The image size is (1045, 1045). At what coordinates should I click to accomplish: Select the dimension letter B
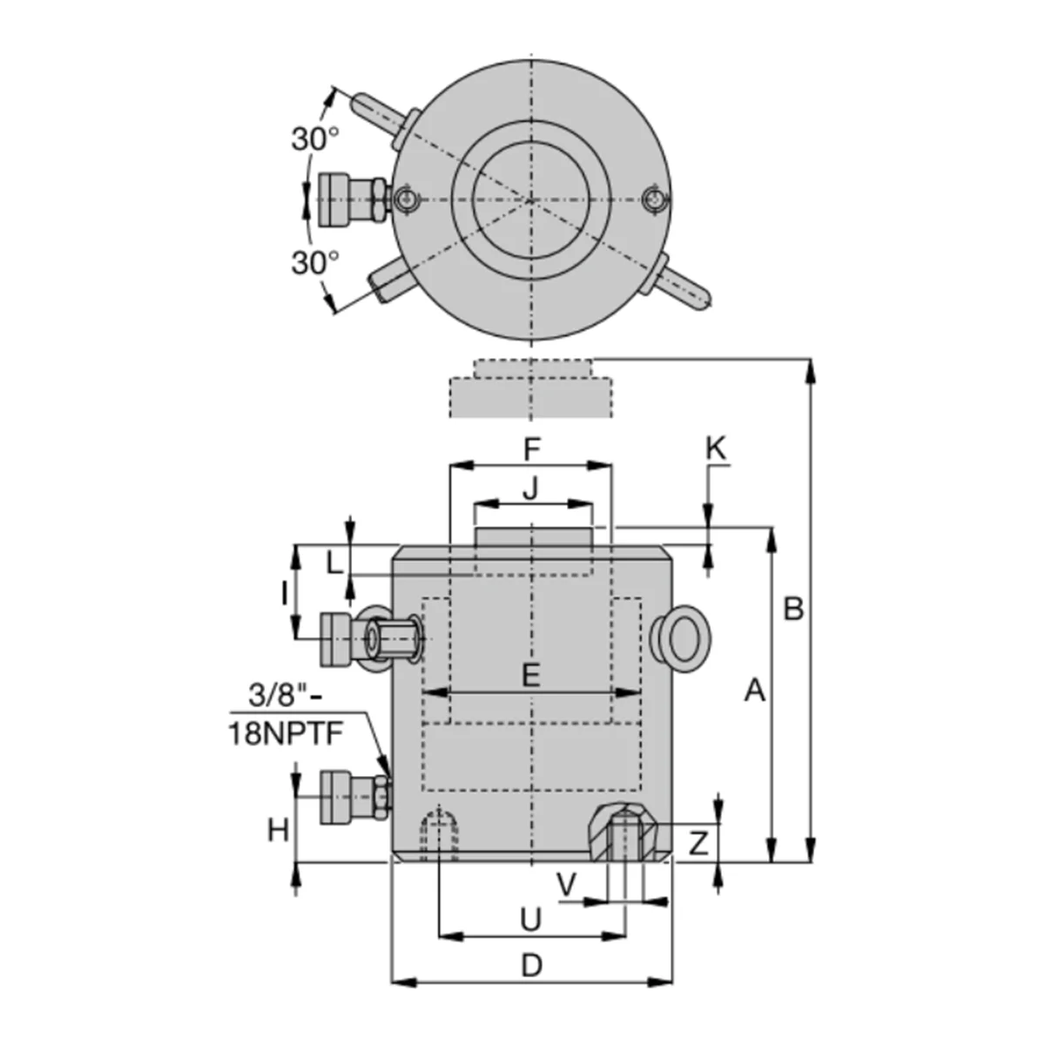click(792, 609)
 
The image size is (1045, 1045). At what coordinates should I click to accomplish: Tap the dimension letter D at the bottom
click(531, 965)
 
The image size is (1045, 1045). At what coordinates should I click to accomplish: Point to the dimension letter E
click(531, 674)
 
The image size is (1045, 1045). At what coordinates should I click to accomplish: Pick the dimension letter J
click(531, 489)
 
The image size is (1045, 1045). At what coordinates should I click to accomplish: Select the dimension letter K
click(715, 449)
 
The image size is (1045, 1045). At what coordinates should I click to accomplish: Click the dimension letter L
click(334, 563)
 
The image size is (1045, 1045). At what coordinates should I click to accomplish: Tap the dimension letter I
click(284, 593)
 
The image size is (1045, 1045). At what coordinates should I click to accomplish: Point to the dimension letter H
click(277, 831)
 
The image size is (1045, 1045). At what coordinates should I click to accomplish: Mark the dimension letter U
click(531, 919)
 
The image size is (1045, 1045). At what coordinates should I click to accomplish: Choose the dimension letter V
click(566, 887)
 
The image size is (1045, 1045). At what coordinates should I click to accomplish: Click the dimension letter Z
click(698, 842)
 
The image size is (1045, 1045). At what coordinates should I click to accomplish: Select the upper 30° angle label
click(314, 138)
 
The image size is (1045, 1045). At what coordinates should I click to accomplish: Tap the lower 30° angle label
click(314, 262)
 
